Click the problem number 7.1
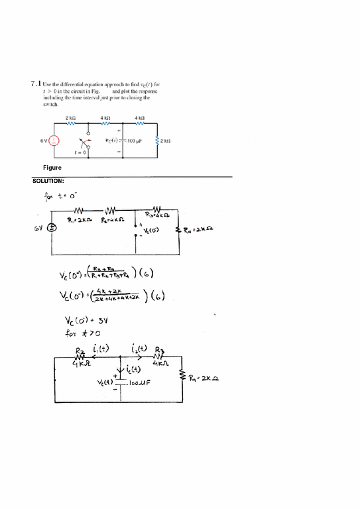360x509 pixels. pos(37,84)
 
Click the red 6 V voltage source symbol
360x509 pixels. pos(56,141)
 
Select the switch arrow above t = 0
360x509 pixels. pos(83,142)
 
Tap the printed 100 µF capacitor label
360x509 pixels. pos(137,141)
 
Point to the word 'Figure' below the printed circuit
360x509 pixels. pos(52,168)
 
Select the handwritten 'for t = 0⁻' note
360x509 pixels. pos(60,197)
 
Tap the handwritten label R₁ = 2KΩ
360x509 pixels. pos(80,220)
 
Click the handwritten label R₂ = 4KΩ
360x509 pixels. pos(113,220)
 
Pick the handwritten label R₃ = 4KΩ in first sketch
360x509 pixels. pos(158,215)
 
